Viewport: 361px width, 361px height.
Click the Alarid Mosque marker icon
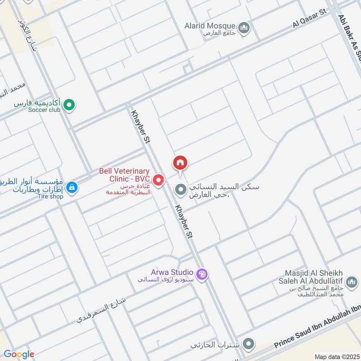point(245,29)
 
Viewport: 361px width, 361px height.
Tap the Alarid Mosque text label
point(210,26)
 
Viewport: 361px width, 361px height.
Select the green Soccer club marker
point(69,106)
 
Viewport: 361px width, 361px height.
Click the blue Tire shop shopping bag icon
point(71,186)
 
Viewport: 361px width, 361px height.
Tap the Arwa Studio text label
point(172,272)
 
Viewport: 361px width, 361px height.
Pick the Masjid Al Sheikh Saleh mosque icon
point(352,283)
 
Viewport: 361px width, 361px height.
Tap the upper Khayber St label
point(139,127)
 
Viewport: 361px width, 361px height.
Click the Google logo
point(19,354)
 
